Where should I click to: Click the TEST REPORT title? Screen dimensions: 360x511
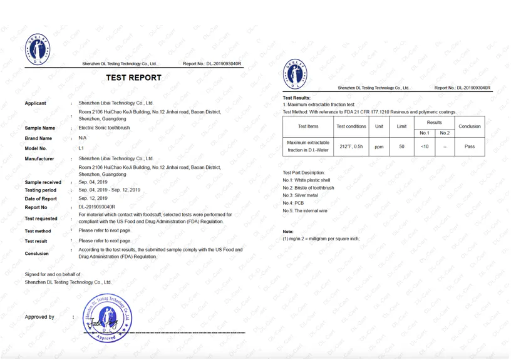click(133, 78)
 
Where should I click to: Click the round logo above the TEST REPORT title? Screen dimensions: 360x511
click(38, 49)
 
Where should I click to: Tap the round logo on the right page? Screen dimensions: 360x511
click(296, 73)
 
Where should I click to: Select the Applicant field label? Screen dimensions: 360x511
click(35, 103)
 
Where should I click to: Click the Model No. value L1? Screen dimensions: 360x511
click(81, 148)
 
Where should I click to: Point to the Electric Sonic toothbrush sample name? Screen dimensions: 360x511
click(104, 128)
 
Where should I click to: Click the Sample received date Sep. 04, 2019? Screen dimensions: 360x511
click(93, 182)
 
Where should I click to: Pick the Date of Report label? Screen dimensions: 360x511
click(41, 198)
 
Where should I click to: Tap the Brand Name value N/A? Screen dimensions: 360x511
click(83, 138)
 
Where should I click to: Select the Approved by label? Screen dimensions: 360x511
click(39, 317)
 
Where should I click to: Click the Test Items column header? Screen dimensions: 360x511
click(308, 126)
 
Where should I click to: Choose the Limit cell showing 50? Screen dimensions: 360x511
click(401, 147)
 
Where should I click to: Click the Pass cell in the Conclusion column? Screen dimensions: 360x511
click(469, 147)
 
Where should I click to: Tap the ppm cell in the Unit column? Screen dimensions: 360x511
click(379, 147)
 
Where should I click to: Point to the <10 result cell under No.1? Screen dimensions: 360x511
click(425, 147)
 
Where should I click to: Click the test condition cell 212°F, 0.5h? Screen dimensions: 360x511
click(351, 147)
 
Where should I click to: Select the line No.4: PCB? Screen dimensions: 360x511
click(293, 203)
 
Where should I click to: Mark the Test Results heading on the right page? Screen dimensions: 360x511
click(296, 98)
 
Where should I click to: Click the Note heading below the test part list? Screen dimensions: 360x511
click(288, 232)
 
